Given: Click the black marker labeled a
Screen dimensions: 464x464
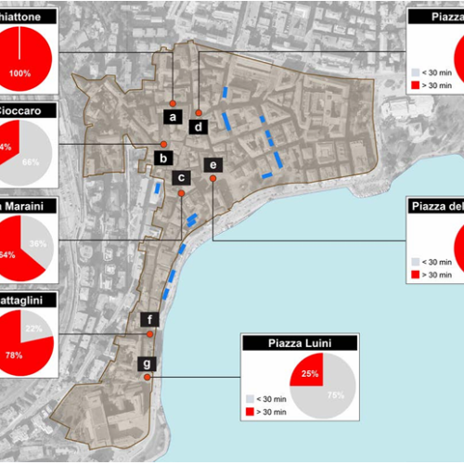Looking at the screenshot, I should pyautogui.click(x=172, y=116).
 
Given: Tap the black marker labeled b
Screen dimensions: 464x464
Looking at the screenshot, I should pyautogui.click(x=162, y=158).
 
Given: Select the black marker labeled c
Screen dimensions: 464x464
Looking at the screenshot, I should pyautogui.click(x=182, y=177).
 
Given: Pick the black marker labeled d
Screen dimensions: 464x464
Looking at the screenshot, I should pyautogui.click(x=199, y=125).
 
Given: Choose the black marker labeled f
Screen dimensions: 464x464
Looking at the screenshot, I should pyautogui.click(x=149, y=320).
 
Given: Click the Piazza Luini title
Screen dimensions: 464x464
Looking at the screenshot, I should pyautogui.click(x=299, y=344).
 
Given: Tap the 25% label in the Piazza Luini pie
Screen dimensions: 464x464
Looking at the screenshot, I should pyautogui.click(x=309, y=375).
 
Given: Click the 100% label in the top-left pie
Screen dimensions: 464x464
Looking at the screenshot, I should pyautogui.click(x=19, y=72).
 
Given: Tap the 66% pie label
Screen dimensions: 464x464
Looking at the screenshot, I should pyautogui.click(x=30, y=161).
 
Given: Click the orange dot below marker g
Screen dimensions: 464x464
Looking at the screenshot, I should pyautogui.click(x=148, y=377).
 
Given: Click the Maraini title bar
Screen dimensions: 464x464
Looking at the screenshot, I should pyautogui.click(x=28, y=205).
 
